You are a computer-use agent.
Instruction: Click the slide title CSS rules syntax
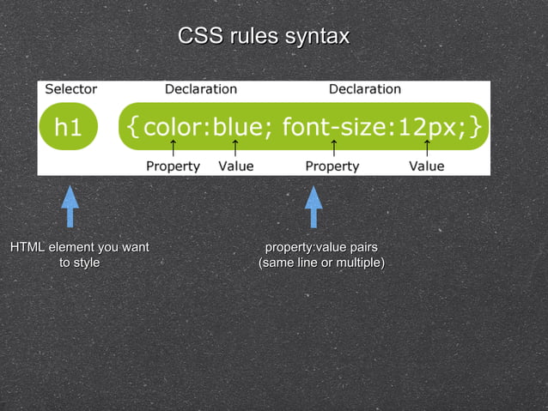point(264,37)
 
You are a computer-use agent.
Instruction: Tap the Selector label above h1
point(71,89)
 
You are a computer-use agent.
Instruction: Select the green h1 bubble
point(69,127)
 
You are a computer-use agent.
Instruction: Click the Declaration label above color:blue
point(200,89)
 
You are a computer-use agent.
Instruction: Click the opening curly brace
point(132,127)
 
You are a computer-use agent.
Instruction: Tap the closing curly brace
point(475,127)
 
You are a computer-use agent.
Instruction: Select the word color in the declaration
point(173,127)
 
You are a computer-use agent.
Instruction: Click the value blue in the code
point(236,127)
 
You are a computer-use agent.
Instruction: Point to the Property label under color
point(173,166)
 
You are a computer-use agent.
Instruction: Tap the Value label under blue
point(236,166)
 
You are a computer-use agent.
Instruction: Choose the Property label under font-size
point(332,166)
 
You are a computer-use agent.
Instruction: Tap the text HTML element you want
point(79,248)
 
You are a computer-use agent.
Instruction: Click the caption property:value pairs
point(320,248)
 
